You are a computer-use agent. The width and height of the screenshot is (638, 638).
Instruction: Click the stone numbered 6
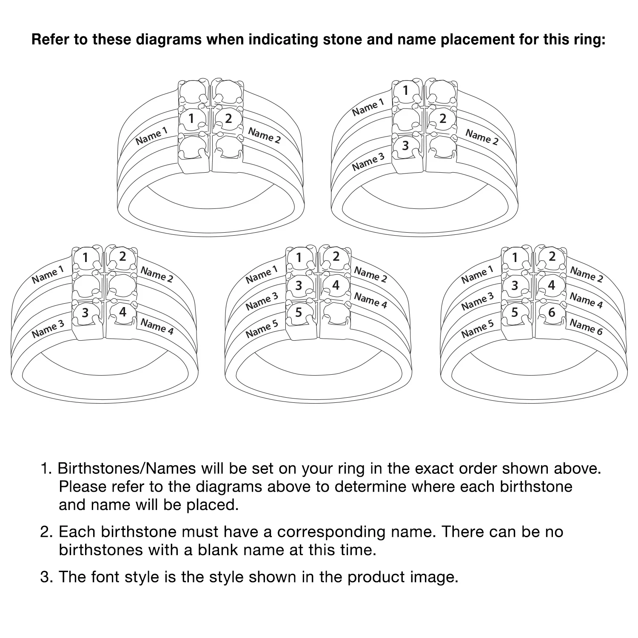point(552,313)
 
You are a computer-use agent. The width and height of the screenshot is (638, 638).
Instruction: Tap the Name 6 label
point(586,327)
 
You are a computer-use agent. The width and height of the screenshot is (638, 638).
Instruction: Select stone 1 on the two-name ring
point(192,119)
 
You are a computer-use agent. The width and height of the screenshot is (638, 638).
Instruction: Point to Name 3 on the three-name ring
point(368,162)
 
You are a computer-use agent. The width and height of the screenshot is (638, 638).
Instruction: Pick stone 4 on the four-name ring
point(122,313)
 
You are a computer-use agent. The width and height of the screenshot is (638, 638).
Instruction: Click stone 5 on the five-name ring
point(299,313)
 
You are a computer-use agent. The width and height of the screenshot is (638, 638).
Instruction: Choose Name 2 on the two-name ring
point(264,136)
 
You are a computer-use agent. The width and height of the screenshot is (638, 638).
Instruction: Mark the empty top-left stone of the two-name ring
point(192,91)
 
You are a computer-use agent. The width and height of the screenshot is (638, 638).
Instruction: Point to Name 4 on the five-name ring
point(370,300)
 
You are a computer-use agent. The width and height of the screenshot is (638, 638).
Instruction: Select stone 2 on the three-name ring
point(443,119)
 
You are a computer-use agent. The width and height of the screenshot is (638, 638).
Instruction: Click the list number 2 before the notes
point(46,532)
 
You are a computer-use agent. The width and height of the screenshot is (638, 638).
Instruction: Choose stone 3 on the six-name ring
point(515,285)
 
